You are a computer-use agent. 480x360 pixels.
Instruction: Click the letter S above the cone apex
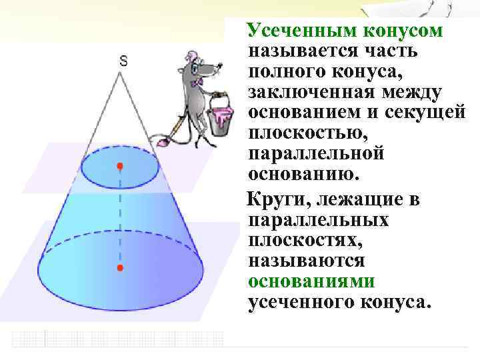tap(123, 61)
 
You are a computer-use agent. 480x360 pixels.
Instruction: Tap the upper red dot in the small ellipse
tap(120, 165)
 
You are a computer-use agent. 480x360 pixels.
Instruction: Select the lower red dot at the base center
tap(120, 267)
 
